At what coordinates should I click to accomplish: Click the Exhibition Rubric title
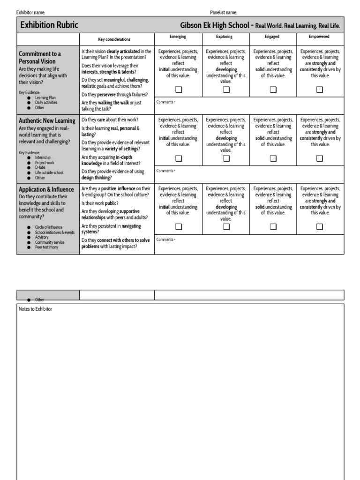point(49,25)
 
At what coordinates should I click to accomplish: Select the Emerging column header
point(178,37)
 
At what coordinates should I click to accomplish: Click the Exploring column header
point(225,37)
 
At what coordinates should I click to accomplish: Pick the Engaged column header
point(272,37)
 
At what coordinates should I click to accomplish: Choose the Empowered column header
point(319,37)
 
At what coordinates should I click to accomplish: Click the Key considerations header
point(114,39)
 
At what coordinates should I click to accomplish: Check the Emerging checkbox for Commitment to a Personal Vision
point(179,90)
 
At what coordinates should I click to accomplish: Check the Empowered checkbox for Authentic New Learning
point(320,158)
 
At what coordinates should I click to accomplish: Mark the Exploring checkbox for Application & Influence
point(226,227)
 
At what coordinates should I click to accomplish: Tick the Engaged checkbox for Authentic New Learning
point(273,158)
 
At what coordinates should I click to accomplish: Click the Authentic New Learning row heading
point(46,121)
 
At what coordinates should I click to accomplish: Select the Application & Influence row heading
point(46,189)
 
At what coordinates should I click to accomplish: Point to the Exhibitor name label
point(31,12)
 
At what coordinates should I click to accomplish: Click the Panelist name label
point(224,12)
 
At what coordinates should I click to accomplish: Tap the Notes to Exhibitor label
point(35,309)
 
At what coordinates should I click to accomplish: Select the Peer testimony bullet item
point(46,247)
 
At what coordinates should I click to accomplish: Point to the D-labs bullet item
point(40,168)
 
